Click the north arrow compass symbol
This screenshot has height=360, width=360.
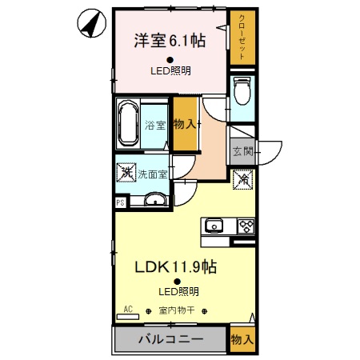click(91, 23)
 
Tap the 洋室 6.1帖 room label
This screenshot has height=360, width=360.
click(170, 41)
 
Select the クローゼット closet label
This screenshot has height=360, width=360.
click(242, 37)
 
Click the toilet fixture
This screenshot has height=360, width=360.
click(242, 90)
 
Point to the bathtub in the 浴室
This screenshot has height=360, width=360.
click(128, 123)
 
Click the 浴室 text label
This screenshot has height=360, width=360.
click(155, 125)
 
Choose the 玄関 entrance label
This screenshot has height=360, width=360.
click(242, 152)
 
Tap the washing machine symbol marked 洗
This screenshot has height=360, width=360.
click(126, 173)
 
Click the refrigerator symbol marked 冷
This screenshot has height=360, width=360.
click(242, 179)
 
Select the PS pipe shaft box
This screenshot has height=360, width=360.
click(121, 202)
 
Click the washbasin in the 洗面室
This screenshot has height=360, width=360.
click(155, 199)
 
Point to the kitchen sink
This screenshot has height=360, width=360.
click(214, 226)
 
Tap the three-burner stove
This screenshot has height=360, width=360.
click(246, 226)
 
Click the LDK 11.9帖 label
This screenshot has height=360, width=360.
click(175, 266)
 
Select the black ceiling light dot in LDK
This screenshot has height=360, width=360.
click(177, 282)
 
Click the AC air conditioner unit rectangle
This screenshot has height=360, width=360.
click(128, 317)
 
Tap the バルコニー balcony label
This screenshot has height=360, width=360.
click(171, 339)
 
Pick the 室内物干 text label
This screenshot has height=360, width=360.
click(177, 310)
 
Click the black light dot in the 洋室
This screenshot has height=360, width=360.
click(170, 60)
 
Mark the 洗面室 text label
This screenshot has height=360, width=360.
click(152, 174)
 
